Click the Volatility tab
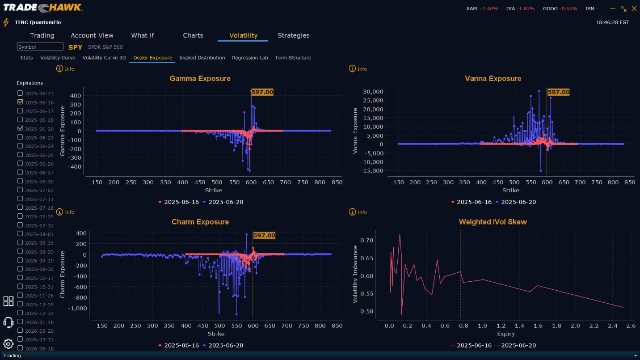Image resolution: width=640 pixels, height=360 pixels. tap(243, 35)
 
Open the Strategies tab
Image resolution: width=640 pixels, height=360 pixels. tap(293, 35)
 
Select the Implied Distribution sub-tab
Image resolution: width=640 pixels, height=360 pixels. tap(202, 58)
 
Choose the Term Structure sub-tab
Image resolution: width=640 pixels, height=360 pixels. tap(293, 58)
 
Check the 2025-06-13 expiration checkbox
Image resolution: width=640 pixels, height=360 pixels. tap(20, 93)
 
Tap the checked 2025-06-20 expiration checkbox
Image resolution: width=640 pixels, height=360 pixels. tap(20, 128)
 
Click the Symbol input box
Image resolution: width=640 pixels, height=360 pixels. tap(40, 47)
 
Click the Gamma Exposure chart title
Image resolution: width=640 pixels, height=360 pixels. tap(200, 79)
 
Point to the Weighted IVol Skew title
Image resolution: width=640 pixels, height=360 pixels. tap(493, 222)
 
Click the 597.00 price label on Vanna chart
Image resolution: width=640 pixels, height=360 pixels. tap(558, 92)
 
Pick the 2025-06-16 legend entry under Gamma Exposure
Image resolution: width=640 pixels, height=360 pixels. tap(178, 202)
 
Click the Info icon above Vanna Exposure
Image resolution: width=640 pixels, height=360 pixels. tap(352, 69)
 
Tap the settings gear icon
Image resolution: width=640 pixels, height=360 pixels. tap(8, 344)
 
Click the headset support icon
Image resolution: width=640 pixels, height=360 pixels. tap(8, 322)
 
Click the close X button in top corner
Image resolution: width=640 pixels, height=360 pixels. tap(634, 8)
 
